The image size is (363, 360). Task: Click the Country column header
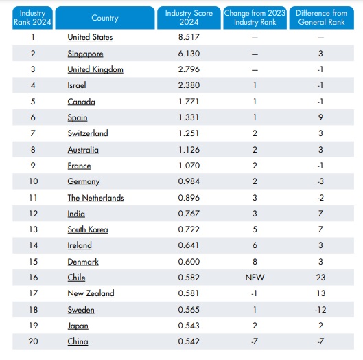click(105, 18)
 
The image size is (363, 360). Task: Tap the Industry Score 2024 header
click(189, 18)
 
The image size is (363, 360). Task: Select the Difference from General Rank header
click(322, 18)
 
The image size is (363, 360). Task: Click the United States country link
click(90, 37)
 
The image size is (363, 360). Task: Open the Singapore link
click(85, 54)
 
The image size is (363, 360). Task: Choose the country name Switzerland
click(88, 133)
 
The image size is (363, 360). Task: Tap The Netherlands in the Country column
click(95, 198)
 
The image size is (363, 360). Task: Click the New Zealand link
click(91, 293)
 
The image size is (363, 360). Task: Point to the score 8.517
click(189, 37)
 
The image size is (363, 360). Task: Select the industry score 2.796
click(189, 69)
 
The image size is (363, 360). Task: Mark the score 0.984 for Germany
click(189, 181)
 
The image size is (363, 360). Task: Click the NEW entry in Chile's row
click(255, 278)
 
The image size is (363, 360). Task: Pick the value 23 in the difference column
click(320, 278)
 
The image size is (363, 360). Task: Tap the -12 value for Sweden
click(320, 310)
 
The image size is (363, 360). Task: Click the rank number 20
click(33, 341)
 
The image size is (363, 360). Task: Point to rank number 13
click(34, 229)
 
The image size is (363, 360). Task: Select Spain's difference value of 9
click(320, 117)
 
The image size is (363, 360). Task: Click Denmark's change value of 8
click(255, 262)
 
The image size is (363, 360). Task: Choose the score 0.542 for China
click(189, 341)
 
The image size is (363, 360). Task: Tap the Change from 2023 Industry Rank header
click(255, 18)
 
